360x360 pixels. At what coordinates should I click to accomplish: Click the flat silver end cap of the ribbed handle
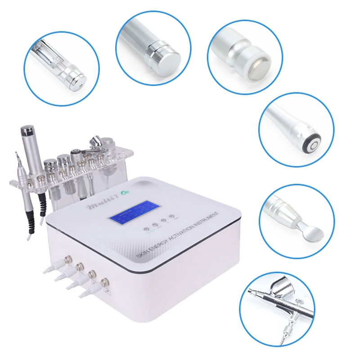point(166,57)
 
